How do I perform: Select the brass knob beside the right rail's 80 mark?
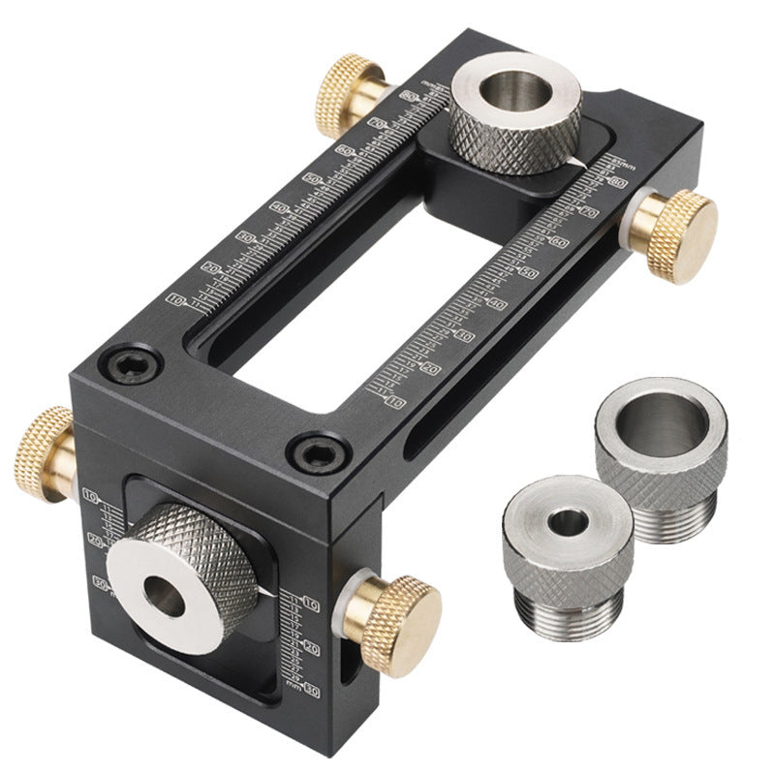coord(682,223)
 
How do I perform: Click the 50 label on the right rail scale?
coord(529,273)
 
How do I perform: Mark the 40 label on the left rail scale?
coord(279,207)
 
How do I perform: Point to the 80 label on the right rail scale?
coord(615,180)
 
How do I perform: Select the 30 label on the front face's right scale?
coord(312,689)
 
